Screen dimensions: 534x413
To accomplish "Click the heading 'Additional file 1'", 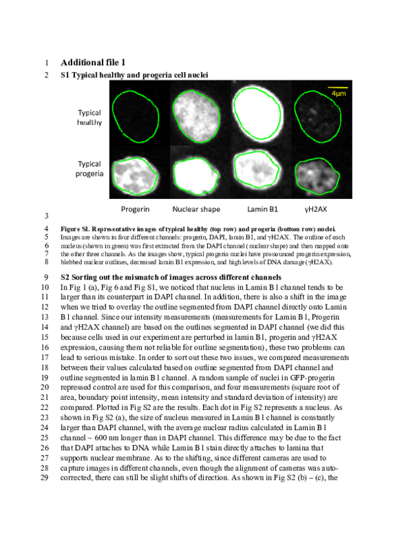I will [103, 62].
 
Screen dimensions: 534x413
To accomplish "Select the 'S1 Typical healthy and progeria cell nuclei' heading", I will [134, 74].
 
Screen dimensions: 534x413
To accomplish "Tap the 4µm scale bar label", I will [337, 93].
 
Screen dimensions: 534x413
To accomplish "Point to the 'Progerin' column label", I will [136, 208].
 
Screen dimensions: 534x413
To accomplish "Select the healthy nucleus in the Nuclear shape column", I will [200, 112].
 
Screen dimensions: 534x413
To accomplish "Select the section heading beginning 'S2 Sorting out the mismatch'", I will [167, 277].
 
